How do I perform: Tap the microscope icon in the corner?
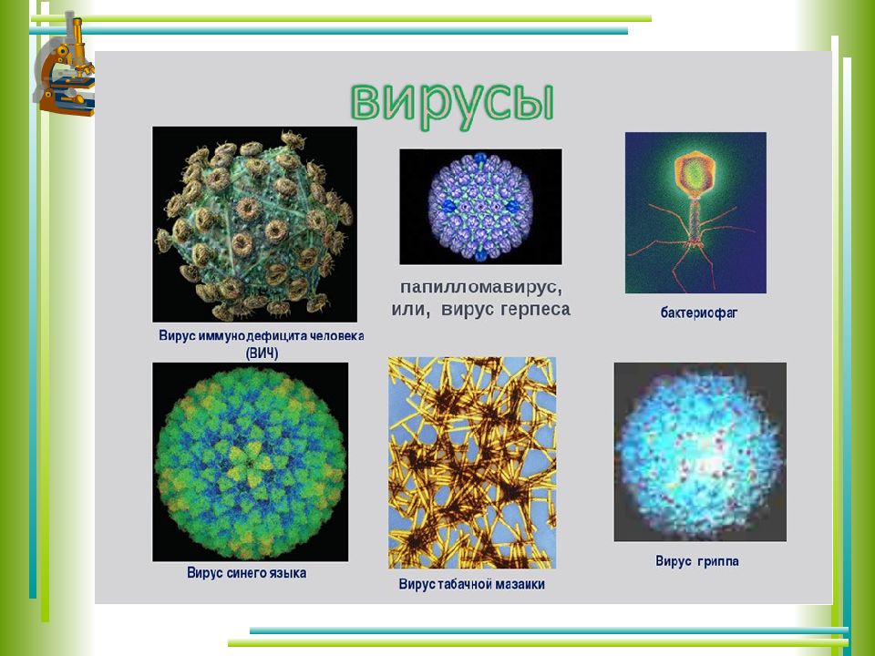point(64,66)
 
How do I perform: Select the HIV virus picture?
point(254,224)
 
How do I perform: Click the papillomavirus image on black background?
point(480,207)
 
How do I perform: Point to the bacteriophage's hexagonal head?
point(695,174)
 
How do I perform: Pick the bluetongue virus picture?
point(250,462)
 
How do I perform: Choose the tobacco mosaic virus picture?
point(472,463)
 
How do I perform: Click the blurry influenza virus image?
point(700,452)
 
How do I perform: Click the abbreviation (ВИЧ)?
point(262,354)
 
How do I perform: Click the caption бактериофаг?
point(699,313)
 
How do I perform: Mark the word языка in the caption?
point(289,573)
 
